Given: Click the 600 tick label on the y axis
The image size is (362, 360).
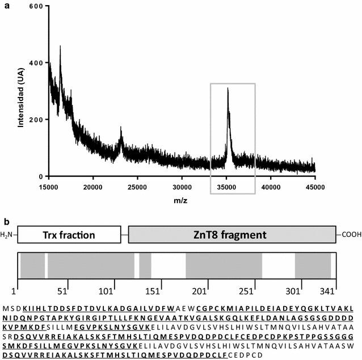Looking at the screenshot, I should pyautogui.click(x=36, y=6).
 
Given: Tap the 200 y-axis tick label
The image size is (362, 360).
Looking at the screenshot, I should pyautogui.click(x=36, y=120).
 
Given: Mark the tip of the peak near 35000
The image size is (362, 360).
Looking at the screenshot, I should pyautogui.click(x=228, y=88).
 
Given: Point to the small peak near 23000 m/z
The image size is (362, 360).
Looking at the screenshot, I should pyautogui.click(x=121, y=129).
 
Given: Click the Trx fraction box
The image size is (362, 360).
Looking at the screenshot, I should pyautogui.click(x=69, y=235).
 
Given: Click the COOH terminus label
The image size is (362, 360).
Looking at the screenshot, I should pyautogui.click(x=350, y=235).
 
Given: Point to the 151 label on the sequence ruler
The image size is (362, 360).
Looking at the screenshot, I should pyautogui.click(x=151, y=290).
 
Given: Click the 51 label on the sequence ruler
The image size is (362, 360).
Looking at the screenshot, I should pyautogui.click(x=63, y=290).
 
